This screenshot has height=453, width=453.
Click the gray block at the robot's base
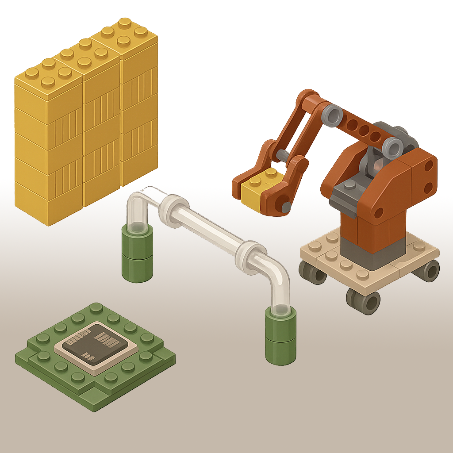[372, 254]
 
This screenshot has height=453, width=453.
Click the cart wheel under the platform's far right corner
[429, 270]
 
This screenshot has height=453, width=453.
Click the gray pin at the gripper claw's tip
[286, 206]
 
